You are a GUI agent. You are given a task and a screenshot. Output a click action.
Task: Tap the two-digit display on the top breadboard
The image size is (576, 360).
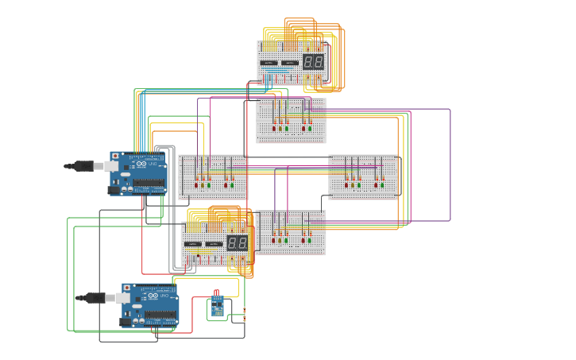313,61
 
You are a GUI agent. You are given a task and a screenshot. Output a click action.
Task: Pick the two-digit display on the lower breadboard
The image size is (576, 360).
237,242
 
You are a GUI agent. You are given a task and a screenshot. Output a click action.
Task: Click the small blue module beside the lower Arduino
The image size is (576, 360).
216,307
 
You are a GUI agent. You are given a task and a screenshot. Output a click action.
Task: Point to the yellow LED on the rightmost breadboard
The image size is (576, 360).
352,185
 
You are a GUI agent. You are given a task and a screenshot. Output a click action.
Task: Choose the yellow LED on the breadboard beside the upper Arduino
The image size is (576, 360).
203,185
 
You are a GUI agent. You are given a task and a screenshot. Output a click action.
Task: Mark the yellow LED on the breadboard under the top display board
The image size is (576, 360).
280,128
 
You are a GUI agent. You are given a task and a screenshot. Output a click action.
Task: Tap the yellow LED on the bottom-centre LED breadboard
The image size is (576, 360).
280,240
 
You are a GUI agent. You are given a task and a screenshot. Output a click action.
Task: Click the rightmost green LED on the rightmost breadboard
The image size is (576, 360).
382,185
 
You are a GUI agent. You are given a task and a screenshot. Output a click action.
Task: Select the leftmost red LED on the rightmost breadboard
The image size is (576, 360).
346,185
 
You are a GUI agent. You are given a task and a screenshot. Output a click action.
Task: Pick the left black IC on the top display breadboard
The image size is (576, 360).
269,62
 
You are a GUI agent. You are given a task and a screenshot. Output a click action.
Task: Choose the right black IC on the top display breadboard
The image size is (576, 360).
291,62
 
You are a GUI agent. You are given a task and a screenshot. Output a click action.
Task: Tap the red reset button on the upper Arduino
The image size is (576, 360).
115,156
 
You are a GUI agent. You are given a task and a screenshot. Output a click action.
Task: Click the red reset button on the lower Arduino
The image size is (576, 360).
127,288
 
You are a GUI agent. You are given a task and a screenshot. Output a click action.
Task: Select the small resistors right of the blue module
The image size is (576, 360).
244,315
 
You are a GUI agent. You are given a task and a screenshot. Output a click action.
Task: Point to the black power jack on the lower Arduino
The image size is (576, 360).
126,322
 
